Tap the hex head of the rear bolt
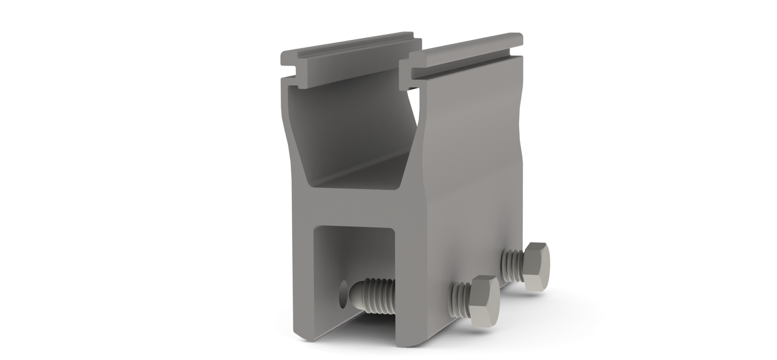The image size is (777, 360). coord(534,265)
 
